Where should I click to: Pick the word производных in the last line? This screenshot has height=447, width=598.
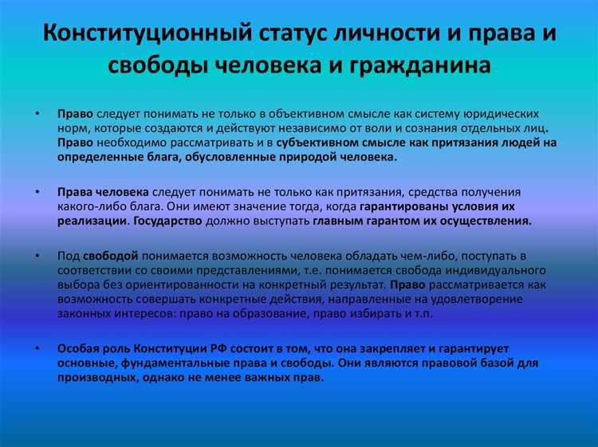(95, 378)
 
